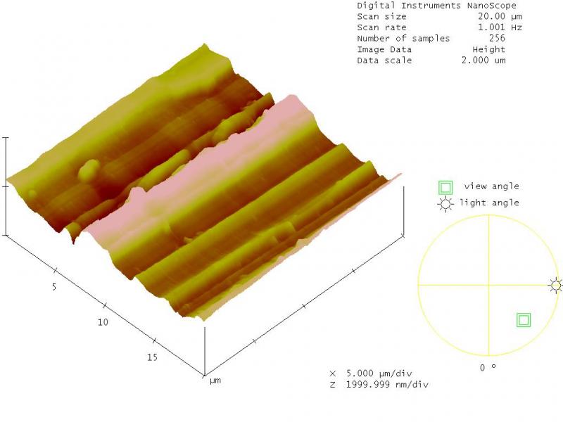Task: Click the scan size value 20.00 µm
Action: point(500,16)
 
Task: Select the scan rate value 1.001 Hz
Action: point(500,27)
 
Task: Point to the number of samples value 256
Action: point(497,38)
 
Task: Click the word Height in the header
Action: point(488,49)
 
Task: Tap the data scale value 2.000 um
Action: point(483,60)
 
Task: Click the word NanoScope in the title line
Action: point(491,6)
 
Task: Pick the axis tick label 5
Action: point(54,287)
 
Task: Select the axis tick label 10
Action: point(103,322)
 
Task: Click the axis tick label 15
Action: point(152,357)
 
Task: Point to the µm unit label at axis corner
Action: point(215,381)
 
